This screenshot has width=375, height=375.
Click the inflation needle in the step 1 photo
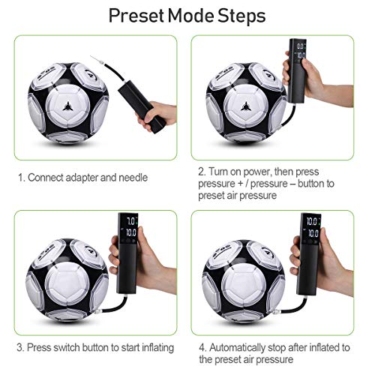click(95, 60)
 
